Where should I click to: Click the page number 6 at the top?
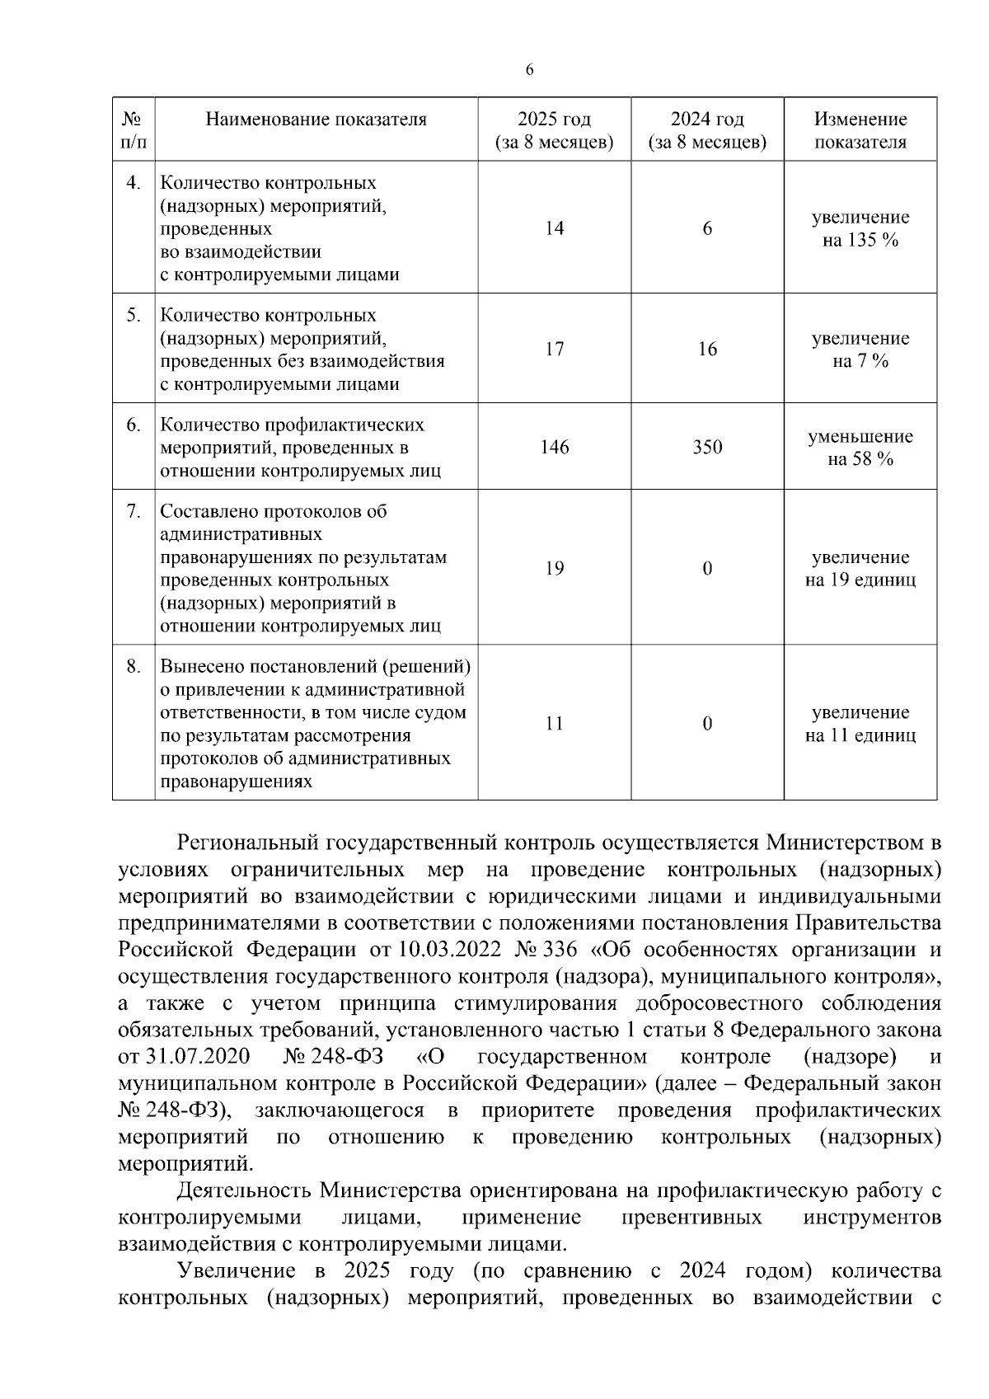529,70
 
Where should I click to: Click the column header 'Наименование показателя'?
316,120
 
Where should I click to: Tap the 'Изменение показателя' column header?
860,130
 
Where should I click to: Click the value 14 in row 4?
554,228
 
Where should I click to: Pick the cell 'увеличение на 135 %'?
860,228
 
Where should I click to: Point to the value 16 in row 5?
707,349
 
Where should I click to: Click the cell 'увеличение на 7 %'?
860,350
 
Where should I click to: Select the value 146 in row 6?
554,447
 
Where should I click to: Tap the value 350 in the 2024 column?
707,447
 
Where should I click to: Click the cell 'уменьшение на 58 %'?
860,448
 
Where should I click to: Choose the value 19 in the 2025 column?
554,568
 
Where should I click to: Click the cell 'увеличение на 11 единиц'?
860,723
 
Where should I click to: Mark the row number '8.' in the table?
134,666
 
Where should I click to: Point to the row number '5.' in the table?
134,316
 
